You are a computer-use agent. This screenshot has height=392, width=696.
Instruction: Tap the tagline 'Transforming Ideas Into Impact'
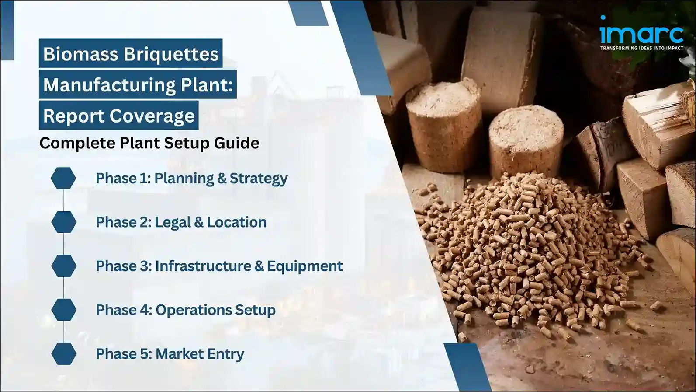tap(641, 48)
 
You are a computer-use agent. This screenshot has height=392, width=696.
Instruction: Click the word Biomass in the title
tap(81, 54)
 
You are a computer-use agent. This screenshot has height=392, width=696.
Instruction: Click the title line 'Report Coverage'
tap(119, 115)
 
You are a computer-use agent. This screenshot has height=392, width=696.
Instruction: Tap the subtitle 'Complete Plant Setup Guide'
tap(149, 143)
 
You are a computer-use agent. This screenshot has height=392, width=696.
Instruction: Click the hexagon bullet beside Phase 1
tap(63, 178)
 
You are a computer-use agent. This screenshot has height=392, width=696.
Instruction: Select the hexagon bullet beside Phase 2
tap(64, 222)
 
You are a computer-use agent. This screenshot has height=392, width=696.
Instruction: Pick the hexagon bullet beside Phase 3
tap(64, 266)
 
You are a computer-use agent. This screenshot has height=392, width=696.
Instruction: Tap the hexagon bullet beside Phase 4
tap(64, 310)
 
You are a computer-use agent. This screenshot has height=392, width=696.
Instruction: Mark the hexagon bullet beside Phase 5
tap(64, 353)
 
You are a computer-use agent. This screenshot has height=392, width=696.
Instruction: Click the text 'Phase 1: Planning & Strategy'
tap(191, 178)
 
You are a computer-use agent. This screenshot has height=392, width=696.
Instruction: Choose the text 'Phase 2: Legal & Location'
tap(181, 222)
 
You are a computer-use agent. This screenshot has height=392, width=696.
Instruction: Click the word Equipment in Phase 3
tap(305, 266)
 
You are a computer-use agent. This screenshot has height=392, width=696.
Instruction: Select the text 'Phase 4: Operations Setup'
tap(186, 310)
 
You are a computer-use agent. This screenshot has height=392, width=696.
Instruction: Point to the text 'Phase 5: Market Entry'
tap(170, 353)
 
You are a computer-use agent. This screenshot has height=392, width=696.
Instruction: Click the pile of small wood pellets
tap(533, 254)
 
